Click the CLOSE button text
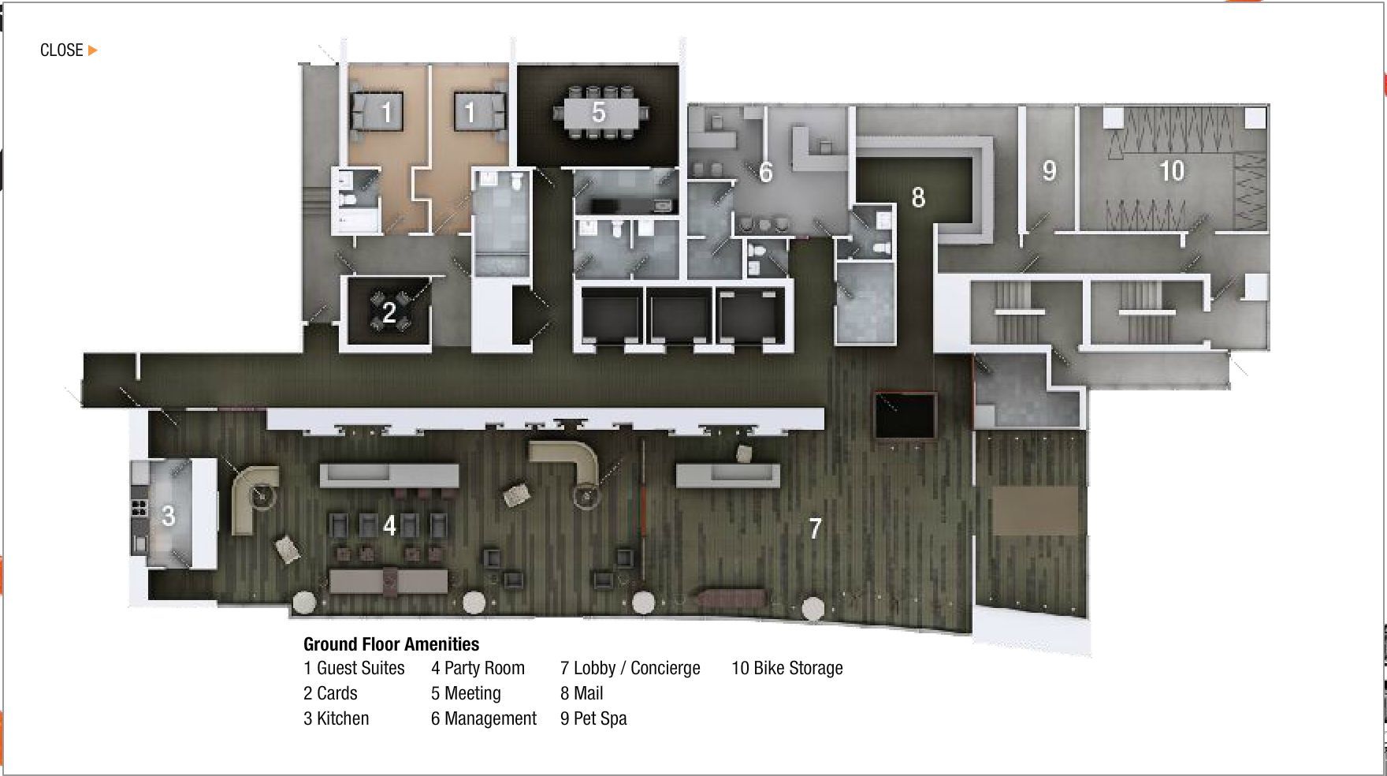click(x=61, y=50)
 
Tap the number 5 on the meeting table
click(x=599, y=112)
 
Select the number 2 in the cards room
click(x=389, y=312)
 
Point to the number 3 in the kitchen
click(x=168, y=516)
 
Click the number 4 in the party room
click(x=389, y=525)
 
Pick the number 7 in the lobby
click(x=816, y=528)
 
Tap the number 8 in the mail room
click(x=918, y=196)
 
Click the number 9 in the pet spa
click(x=1049, y=170)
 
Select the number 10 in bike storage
click(x=1172, y=170)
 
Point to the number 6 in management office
click(x=765, y=172)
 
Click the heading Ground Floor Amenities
click(x=391, y=644)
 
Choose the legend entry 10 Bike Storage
click(x=787, y=668)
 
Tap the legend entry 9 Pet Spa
click(x=593, y=718)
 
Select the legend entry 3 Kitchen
click(x=337, y=718)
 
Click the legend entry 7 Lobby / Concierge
click(x=630, y=668)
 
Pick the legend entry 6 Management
click(x=484, y=718)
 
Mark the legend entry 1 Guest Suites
click(x=354, y=668)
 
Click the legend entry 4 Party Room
click(x=478, y=668)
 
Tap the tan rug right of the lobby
click(x=1035, y=510)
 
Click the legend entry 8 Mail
click(x=582, y=693)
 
